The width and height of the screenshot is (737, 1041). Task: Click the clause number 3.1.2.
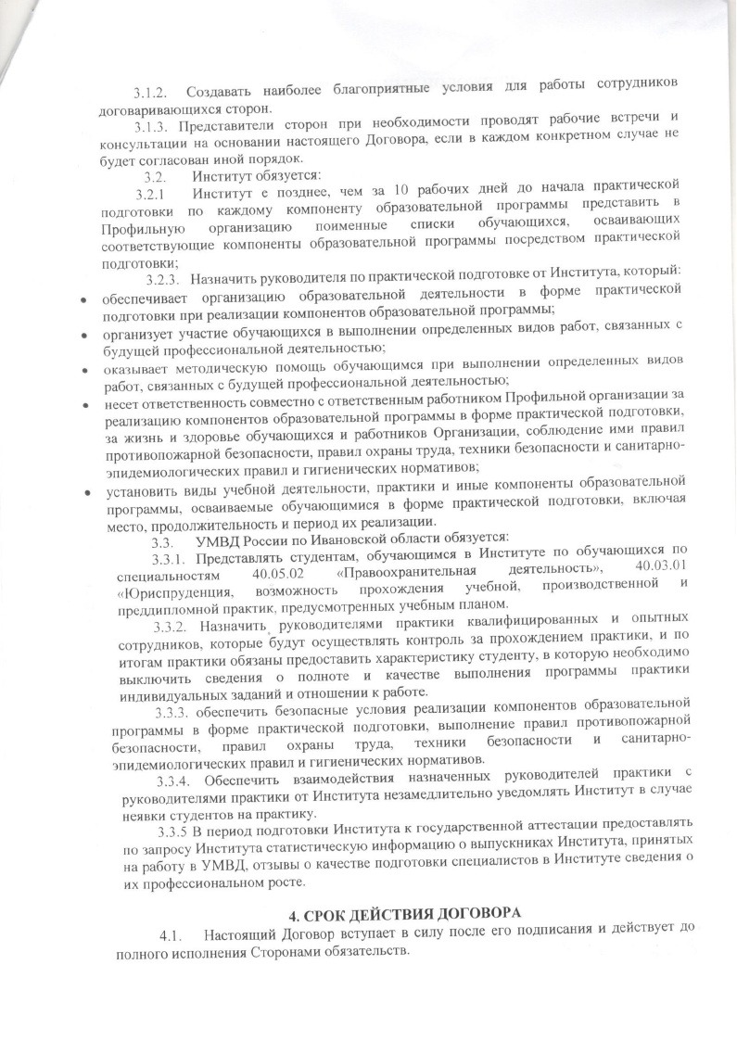pos(150,91)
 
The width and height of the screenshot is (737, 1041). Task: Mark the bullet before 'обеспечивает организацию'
pos(83,299)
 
